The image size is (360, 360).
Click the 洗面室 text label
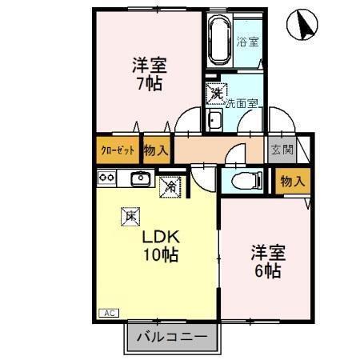(x=241, y=102)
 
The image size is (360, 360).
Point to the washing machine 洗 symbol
(x=216, y=94)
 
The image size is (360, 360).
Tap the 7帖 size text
(x=150, y=82)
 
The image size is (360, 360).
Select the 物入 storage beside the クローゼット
(x=156, y=150)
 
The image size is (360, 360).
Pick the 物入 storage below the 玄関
(x=292, y=182)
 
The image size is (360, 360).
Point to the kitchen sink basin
(x=141, y=178)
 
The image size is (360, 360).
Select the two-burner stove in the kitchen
(x=106, y=178)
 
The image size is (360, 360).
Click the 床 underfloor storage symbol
(x=130, y=214)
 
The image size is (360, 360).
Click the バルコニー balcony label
(x=170, y=337)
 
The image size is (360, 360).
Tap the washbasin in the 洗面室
(x=214, y=121)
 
